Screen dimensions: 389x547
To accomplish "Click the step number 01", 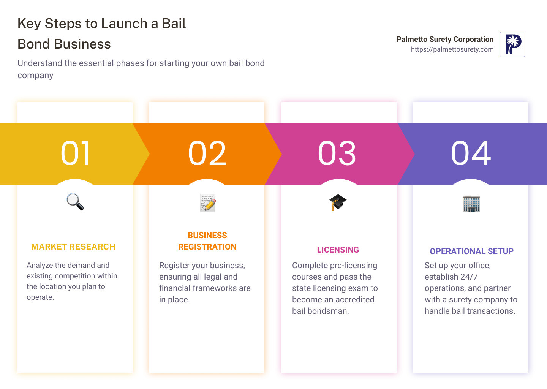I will coord(76,153).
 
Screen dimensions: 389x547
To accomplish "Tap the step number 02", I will coord(207,153).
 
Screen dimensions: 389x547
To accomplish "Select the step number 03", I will coord(337,153).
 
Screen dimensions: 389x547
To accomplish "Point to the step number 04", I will coord(471,153).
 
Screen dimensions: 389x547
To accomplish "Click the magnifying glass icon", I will coord(75,202).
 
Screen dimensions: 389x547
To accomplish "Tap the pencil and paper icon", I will coord(208,202).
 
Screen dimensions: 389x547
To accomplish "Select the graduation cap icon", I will coord(338,202).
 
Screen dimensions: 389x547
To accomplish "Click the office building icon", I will coord(471,204).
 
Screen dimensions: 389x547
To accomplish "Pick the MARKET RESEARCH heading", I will coord(73,247).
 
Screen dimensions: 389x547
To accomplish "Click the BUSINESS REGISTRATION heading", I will coord(207,241).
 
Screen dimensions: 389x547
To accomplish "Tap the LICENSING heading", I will coord(338,250).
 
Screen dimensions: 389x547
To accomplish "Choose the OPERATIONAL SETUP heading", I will coord(471,251).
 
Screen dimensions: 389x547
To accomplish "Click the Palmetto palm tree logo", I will coord(512,44).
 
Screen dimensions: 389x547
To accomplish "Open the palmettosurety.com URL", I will coord(452,49).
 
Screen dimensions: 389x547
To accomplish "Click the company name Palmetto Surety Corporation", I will coord(445,39).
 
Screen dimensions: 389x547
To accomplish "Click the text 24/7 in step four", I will coord(469,277).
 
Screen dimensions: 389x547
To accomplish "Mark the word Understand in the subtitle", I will coord(40,63).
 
